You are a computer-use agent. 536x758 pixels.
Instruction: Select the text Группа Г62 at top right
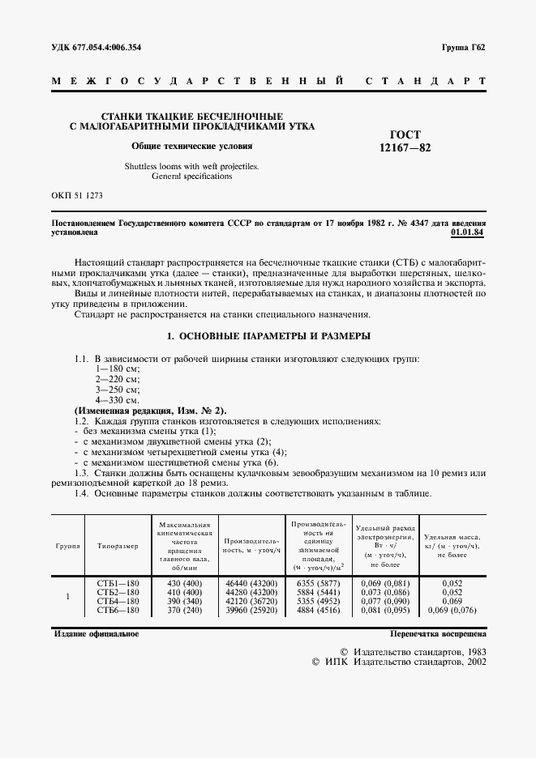coord(463,48)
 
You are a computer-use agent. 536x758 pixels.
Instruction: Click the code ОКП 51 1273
coord(77,197)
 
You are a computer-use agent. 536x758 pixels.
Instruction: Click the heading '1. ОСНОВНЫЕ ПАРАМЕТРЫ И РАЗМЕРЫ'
coord(268,335)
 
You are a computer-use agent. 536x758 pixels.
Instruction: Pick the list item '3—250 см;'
coord(118,390)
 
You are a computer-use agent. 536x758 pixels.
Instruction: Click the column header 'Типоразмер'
coord(118,546)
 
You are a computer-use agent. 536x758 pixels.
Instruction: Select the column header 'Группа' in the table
coord(67,546)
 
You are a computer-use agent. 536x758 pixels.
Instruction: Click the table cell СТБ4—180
coord(118,602)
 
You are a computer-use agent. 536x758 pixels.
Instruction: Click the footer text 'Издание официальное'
coord(96,633)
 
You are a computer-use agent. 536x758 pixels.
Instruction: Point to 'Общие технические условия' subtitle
coord(192,147)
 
